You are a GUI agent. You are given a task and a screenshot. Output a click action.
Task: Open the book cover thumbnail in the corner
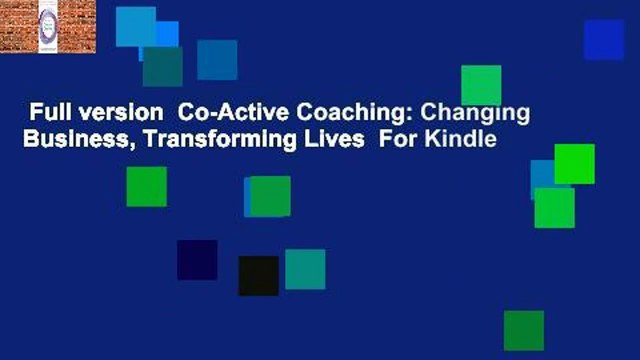(48, 27)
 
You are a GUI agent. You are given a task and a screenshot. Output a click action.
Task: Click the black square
(258, 276)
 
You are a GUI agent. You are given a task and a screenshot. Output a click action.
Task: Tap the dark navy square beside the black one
(197, 260)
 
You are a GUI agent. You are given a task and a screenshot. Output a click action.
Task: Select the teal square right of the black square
(305, 269)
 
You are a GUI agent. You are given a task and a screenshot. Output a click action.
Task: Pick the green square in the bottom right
(524, 330)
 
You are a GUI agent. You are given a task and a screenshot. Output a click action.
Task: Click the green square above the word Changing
(481, 85)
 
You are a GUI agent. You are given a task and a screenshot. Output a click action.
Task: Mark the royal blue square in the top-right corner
(604, 40)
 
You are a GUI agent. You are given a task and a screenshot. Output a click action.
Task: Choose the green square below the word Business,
(146, 187)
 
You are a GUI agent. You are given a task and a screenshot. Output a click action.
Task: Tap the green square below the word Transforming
(270, 196)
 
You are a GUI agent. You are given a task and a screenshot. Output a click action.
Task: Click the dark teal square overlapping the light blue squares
(162, 67)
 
